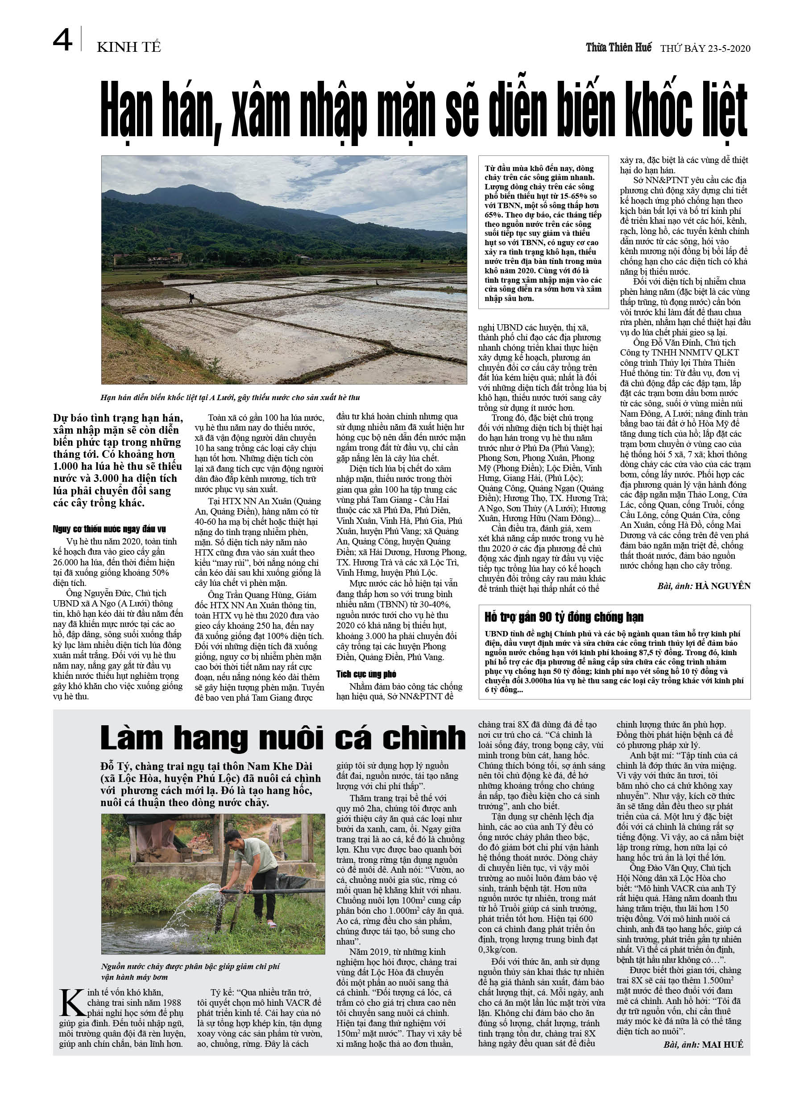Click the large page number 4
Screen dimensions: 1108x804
[62, 41]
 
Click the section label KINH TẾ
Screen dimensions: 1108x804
[129, 47]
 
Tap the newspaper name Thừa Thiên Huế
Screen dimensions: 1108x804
[618, 47]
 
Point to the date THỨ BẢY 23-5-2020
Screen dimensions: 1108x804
[705, 48]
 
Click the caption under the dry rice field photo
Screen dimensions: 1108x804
[230, 397]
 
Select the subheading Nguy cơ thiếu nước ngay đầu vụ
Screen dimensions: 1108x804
[109, 529]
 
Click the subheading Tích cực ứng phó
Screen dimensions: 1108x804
[366, 674]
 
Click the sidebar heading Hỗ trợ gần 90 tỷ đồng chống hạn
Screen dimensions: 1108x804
[564, 617]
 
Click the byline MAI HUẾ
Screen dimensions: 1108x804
[722, 1045]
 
